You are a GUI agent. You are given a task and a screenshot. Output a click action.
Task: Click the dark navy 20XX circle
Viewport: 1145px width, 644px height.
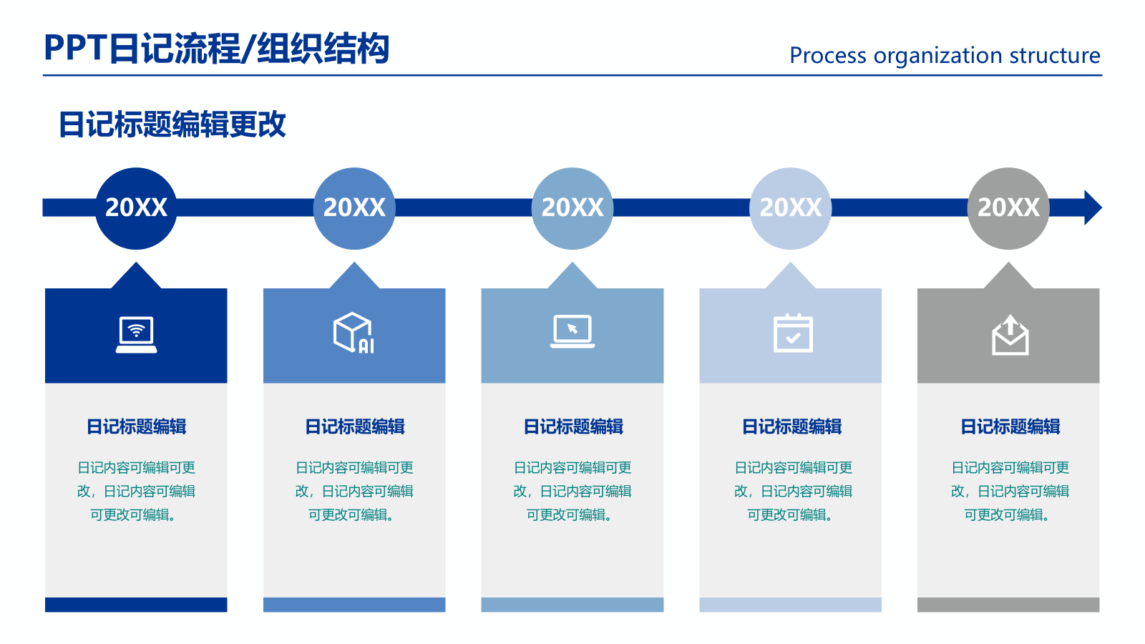tap(136, 208)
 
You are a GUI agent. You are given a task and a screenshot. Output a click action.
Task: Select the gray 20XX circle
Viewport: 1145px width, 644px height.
tap(1008, 208)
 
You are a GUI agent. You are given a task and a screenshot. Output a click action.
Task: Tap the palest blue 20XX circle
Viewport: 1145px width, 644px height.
tap(790, 208)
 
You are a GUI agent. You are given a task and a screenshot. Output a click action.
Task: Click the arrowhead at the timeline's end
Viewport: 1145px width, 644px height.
tap(1092, 208)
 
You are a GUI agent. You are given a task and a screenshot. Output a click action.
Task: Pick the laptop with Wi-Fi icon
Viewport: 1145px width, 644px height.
tap(136, 335)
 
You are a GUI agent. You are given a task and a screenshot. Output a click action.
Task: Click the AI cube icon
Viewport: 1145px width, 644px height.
tap(354, 333)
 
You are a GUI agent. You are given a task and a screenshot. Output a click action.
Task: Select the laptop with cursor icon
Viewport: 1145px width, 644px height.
tap(572, 331)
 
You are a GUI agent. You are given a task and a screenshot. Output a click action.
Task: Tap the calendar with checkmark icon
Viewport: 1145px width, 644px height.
tap(793, 333)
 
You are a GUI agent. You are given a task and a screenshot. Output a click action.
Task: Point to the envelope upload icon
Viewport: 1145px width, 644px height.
tap(1010, 335)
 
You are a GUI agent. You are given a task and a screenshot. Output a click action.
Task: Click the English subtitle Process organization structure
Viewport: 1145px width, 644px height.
tap(945, 55)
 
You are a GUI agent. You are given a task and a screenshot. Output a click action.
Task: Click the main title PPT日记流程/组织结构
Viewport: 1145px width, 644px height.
tap(217, 49)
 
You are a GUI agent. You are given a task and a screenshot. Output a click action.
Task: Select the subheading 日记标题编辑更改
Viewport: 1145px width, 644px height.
tap(172, 125)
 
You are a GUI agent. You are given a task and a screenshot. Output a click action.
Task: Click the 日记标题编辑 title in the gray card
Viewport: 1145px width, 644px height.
tap(1010, 426)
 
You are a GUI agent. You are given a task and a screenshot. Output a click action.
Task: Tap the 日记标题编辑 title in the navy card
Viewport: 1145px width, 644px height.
tap(136, 426)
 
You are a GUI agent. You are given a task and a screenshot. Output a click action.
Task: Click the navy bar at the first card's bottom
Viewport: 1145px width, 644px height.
tap(136, 605)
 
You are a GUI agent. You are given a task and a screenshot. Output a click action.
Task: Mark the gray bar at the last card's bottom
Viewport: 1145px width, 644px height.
tap(1008, 605)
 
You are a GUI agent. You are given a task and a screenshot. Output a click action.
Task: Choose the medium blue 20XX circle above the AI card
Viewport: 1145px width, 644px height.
tap(354, 208)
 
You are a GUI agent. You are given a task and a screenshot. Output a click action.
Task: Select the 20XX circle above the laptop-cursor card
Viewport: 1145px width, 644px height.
tap(572, 208)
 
